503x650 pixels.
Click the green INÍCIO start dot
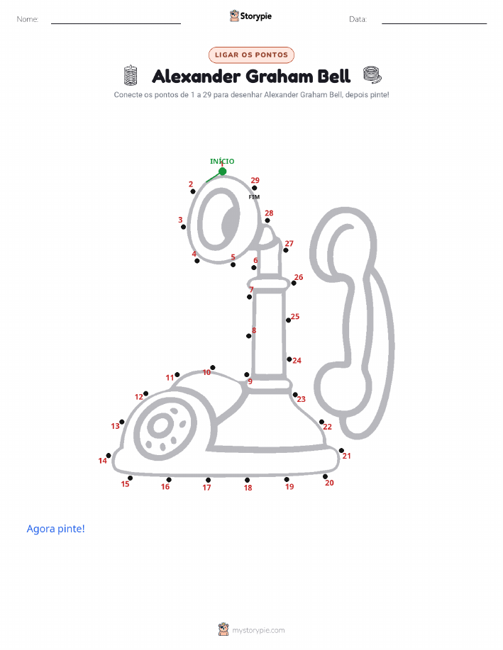[223, 172]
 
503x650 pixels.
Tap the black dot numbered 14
[109, 456]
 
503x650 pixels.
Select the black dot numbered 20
[325, 477]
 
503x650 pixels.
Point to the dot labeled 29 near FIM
[255, 189]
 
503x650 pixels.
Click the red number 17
[206, 488]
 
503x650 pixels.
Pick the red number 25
[295, 316]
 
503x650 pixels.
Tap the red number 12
[138, 397]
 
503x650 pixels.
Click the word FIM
[254, 197]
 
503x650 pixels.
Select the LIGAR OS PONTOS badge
[251, 55]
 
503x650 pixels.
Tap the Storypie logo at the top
[250, 16]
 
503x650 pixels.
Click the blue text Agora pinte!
[55, 529]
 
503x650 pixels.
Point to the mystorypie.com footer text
[258, 630]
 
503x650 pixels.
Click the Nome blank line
[116, 23]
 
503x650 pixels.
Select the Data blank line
[434, 23]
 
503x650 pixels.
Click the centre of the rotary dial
[160, 426]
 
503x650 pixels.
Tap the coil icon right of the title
[372, 74]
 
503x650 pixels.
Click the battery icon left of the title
[131, 75]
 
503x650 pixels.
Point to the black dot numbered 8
[249, 336]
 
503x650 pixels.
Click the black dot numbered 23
[295, 395]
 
